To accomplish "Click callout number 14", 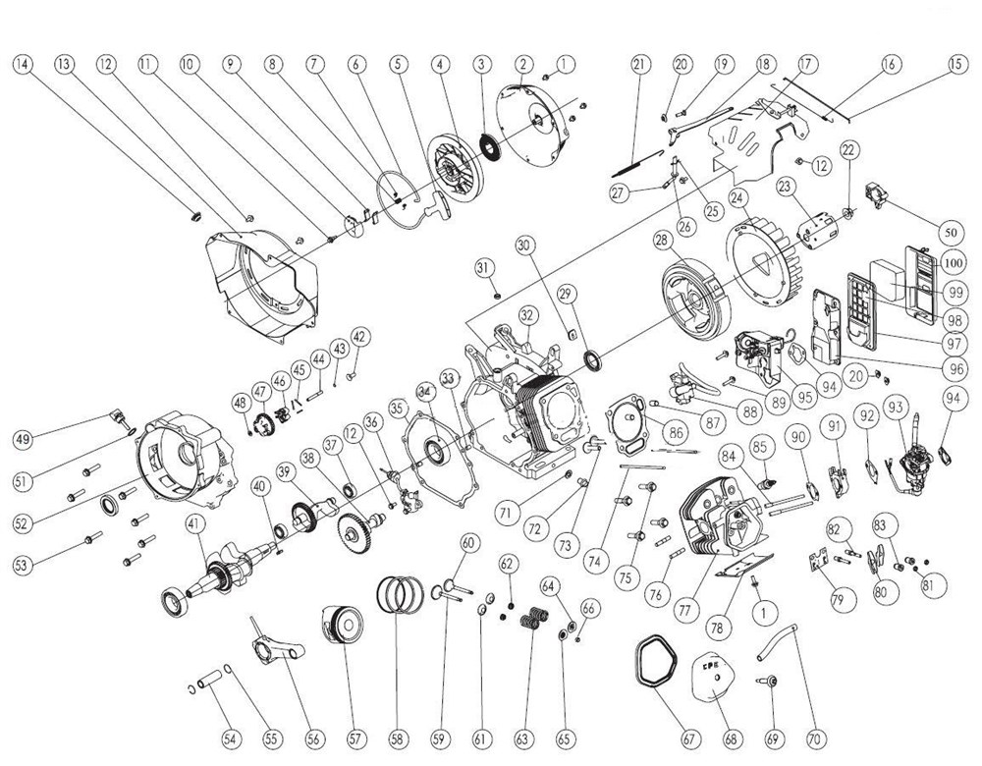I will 22,64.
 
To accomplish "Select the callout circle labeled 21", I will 640,64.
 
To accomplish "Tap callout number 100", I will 952,262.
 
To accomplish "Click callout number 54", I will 230,737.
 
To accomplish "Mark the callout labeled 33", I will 449,378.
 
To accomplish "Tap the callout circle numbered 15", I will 956,64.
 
